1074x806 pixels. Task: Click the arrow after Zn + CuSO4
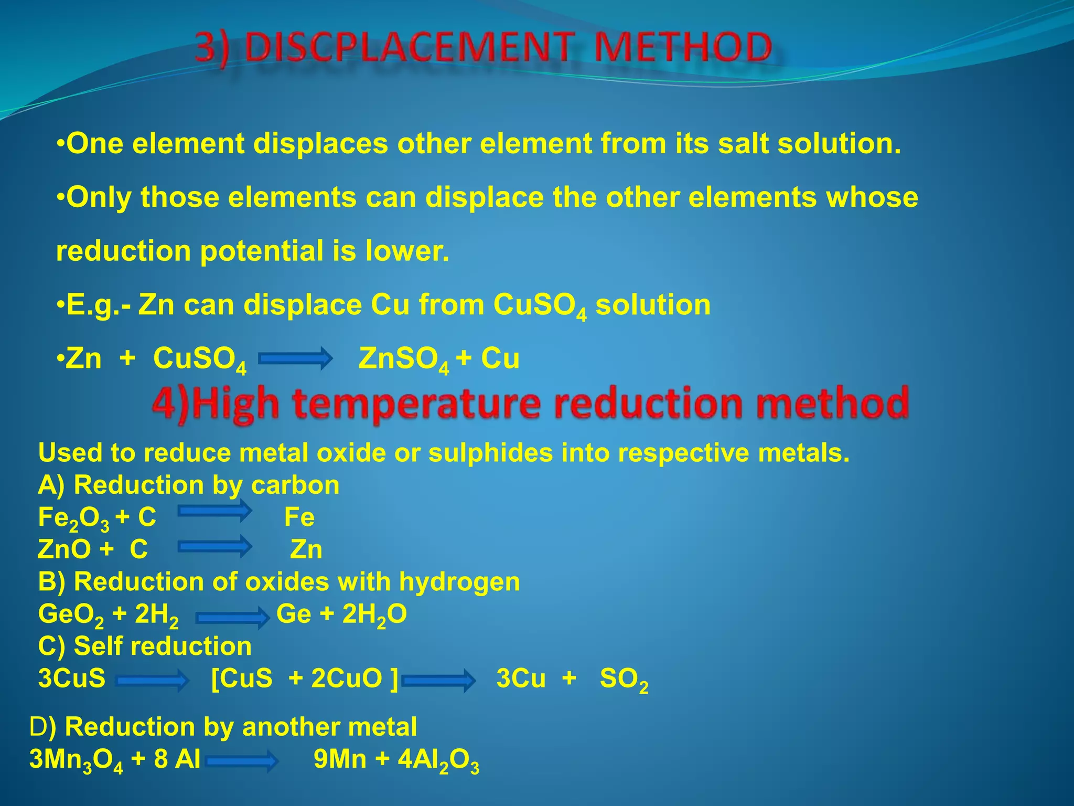296,358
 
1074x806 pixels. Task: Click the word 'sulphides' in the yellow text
490,452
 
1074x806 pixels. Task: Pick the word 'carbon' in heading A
295,485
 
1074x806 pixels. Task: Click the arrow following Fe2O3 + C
214,511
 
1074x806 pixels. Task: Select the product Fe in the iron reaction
299,517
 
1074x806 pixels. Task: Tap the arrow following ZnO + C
214,547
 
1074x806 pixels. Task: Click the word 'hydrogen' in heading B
459,581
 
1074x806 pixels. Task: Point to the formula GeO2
71,614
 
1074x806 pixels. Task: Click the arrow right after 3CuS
152,681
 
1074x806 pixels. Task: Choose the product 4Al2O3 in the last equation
438,760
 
